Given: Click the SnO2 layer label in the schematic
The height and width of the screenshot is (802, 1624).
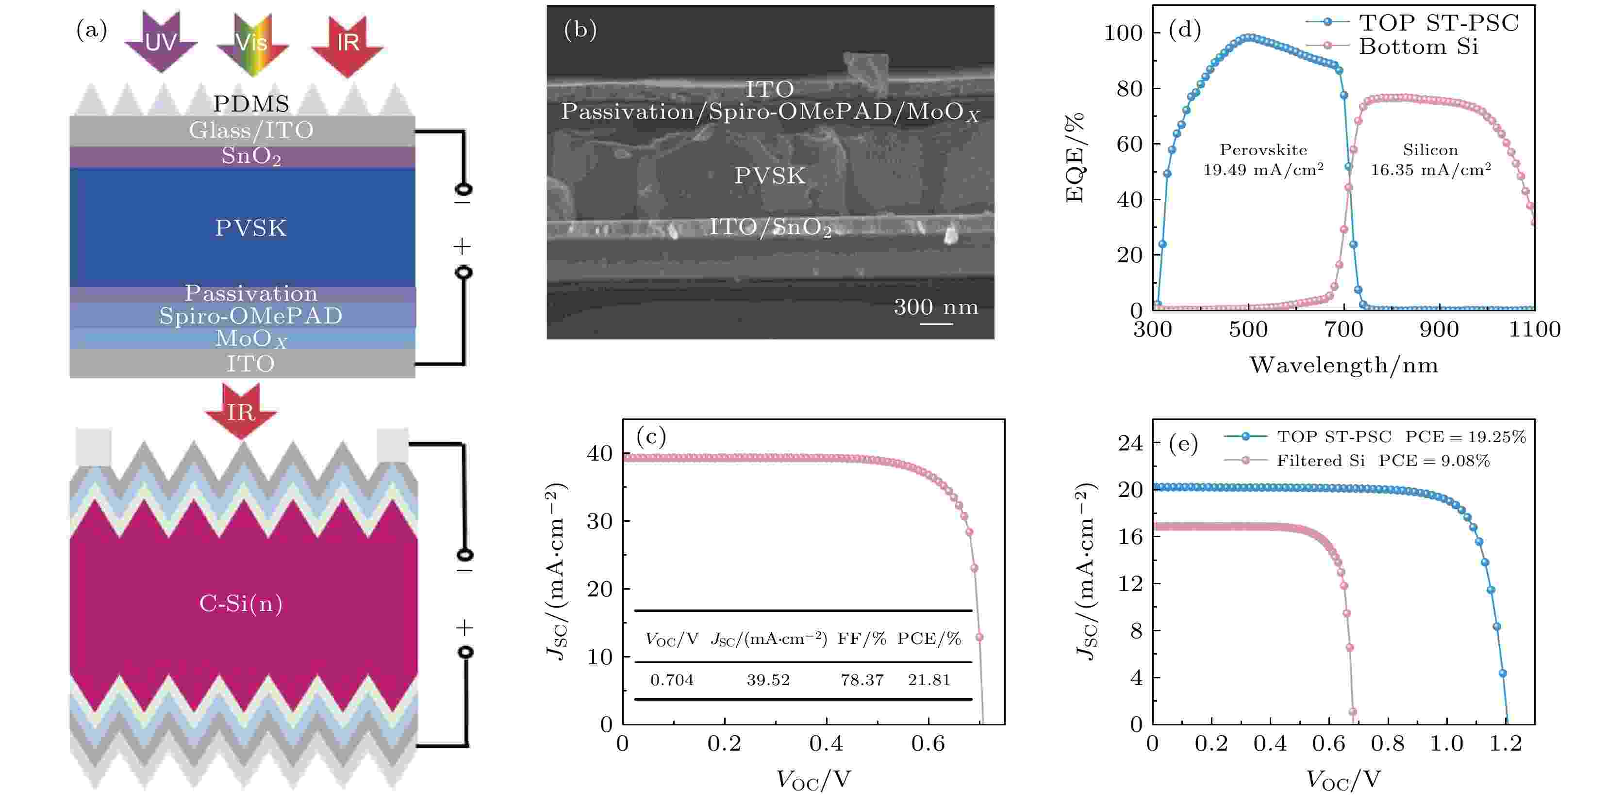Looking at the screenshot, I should click(x=251, y=156).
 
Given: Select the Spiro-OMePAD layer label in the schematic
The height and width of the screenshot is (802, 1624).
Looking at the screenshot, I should click(x=250, y=315).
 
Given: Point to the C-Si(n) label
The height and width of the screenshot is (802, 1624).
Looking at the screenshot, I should click(x=241, y=604).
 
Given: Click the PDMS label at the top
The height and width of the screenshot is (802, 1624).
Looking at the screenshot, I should click(x=251, y=103).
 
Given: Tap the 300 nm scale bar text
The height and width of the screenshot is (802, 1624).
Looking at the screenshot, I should click(x=936, y=307).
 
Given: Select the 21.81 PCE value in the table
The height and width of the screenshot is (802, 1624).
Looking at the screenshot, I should click(x=928, y=680).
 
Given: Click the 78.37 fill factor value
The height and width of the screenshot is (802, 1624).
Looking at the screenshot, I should click(x=862, y=680).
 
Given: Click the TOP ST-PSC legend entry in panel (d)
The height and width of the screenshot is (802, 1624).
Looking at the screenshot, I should click(x=1438, y=23).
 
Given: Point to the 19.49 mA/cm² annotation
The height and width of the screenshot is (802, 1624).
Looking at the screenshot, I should click(x=1263, y=170).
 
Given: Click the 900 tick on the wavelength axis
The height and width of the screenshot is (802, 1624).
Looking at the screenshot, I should click(x=1439, y=329).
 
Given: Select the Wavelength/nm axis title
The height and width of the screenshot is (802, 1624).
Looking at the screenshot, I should click(x=1343, y=365).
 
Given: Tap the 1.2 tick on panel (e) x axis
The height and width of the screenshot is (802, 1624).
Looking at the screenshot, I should click(x=1506, y=743).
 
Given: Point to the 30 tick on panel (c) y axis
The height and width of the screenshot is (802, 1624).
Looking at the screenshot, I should click(x=599, y=521).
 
